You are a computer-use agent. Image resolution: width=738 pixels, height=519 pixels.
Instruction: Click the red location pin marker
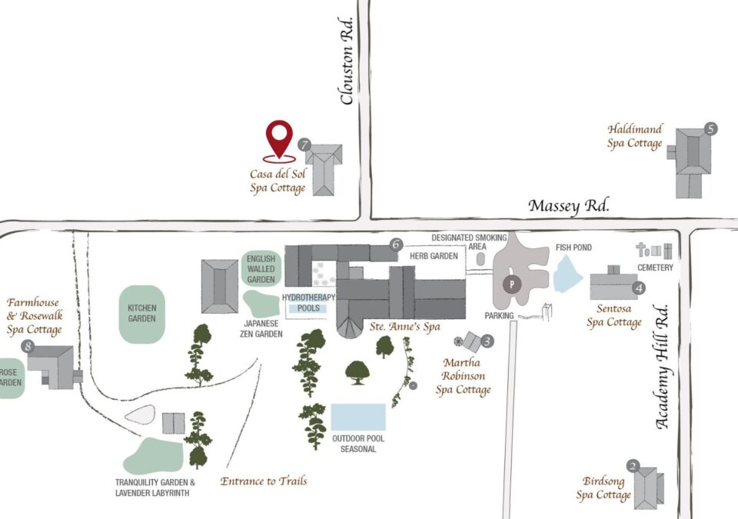coord(279,138)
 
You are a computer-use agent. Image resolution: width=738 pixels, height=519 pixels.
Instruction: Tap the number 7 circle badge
coord(305,144)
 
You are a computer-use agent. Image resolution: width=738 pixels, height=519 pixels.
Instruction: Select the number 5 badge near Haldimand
coord(710,129)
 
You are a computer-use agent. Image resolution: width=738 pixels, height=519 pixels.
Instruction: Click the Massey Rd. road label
coord(569,206)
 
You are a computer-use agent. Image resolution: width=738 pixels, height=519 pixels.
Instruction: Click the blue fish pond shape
coord(567,274)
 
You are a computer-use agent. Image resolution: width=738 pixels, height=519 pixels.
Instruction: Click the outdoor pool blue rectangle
coord(357,417)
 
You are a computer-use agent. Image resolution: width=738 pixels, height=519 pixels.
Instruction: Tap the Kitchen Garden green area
coord(142,314)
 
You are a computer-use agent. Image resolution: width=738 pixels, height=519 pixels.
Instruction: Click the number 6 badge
coord(396,245)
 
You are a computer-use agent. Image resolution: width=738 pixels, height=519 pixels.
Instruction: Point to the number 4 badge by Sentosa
coord(638,288)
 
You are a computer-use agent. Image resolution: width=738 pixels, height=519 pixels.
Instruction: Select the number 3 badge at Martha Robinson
coord(487,339)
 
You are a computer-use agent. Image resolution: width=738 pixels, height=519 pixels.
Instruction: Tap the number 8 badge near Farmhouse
coord(29,347)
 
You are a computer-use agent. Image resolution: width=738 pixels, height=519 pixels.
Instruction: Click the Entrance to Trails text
coord(264,481)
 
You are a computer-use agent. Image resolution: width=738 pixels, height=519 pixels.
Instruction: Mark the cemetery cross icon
coord(642,249)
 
